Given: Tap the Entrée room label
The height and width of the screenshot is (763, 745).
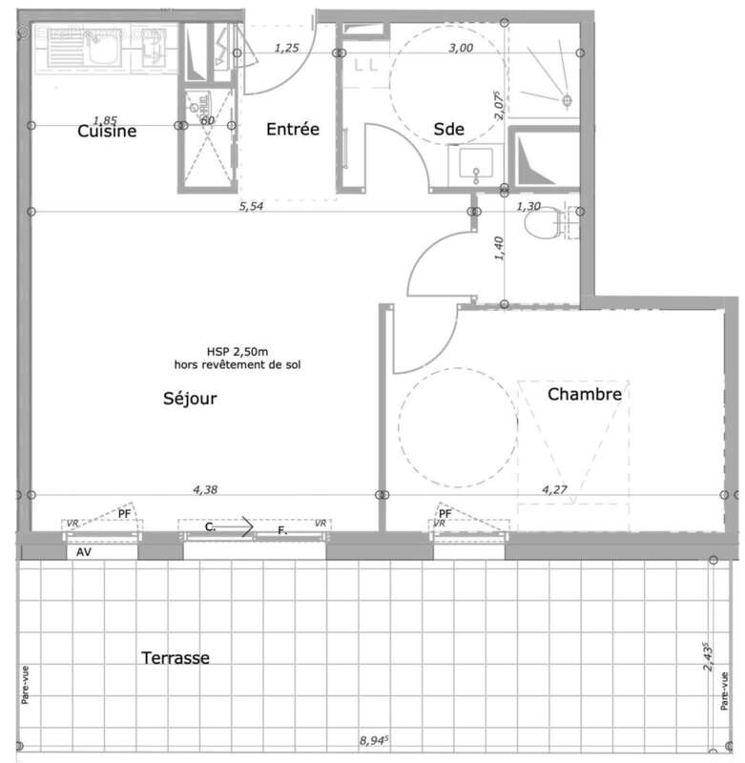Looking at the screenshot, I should [x=292, y=130].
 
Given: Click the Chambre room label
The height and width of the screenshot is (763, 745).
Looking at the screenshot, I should [x=585, y=393].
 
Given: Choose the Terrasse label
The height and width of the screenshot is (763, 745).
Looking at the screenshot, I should [x=176, y=657].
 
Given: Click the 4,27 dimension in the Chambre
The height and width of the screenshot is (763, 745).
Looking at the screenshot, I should [x=554, y=489].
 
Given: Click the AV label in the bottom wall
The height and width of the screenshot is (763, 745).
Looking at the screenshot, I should [x=84, y=550].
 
